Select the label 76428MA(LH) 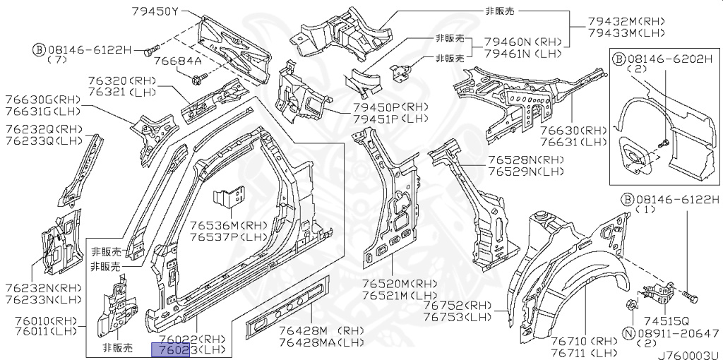[x=321, y=342]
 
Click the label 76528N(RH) [x=525, y=160]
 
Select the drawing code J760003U [x=688, y=354]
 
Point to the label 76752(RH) [x=457, y=306]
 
